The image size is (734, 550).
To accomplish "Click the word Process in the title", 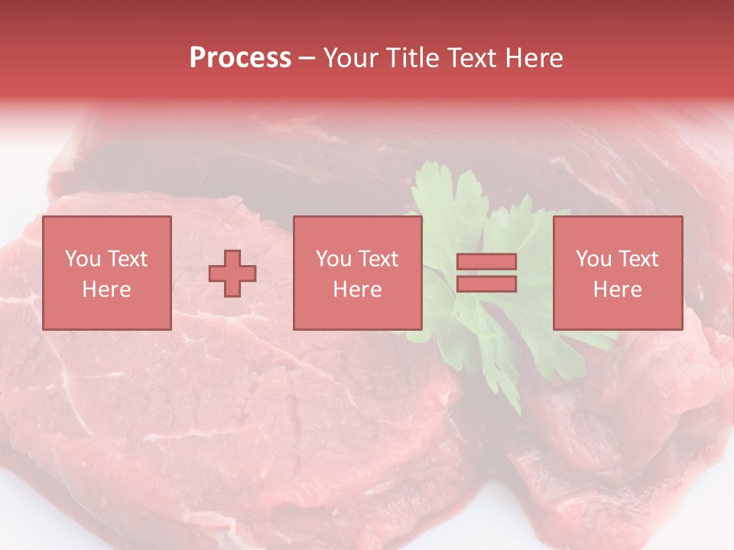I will (x=240, y=58).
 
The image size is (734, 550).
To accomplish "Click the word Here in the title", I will (x=536, y=58).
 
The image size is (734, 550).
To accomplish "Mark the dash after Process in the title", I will (x=307, y=59).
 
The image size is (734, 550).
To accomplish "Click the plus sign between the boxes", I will (x=232, y=273).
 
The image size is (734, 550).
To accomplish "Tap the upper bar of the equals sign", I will (x=486, y=262).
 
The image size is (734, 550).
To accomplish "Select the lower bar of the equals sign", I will (x=486, y=284).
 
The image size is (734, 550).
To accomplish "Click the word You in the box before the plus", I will (x=83, y=259).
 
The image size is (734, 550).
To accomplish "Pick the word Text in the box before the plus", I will (x=127, y=259).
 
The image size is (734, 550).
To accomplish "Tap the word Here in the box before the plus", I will (x=106, y=290).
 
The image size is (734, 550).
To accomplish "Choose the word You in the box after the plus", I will (x=334, y=259).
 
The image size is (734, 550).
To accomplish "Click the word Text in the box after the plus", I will (x=378, y=259).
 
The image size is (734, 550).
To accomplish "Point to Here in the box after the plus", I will (x=358, y=290).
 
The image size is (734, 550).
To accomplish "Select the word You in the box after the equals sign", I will (x=593, y=259).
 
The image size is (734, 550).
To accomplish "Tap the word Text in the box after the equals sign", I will (x=638, y=259).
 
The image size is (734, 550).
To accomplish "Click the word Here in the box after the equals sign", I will (x=618, y=290).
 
